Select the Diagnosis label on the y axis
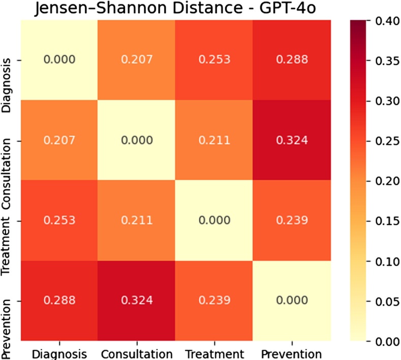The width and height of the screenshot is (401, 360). pyautogui.click(x=6, y=87)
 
